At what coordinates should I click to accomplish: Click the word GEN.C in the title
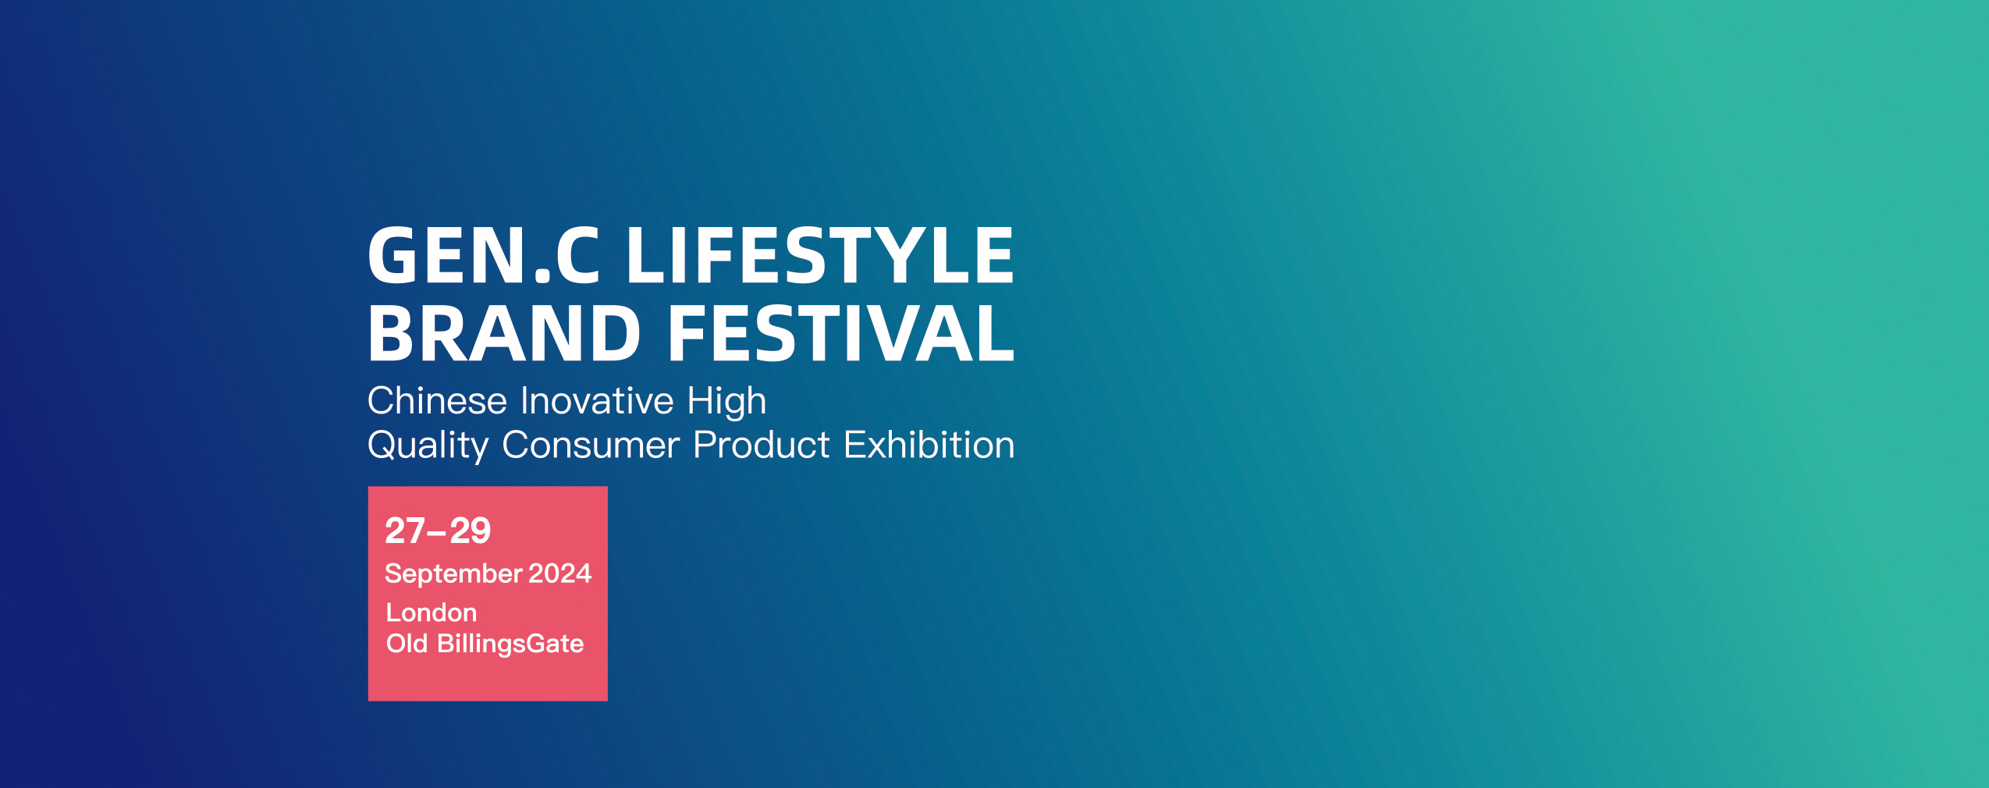484,255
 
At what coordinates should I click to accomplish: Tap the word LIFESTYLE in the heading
819,255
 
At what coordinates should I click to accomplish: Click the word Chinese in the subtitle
438,401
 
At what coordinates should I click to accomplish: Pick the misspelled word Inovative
597,401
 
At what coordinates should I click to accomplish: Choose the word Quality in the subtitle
428,446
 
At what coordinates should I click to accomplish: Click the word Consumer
591,445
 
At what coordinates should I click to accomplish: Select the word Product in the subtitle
762,445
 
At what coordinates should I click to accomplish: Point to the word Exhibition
929,445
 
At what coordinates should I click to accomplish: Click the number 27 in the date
405,531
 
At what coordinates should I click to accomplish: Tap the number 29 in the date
470,531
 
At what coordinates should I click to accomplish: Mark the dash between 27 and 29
437,534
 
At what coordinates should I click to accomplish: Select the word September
453,575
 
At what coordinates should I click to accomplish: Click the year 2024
560,573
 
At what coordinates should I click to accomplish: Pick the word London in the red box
432,613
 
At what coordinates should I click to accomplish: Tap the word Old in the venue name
407,644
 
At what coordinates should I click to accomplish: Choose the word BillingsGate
510,644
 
